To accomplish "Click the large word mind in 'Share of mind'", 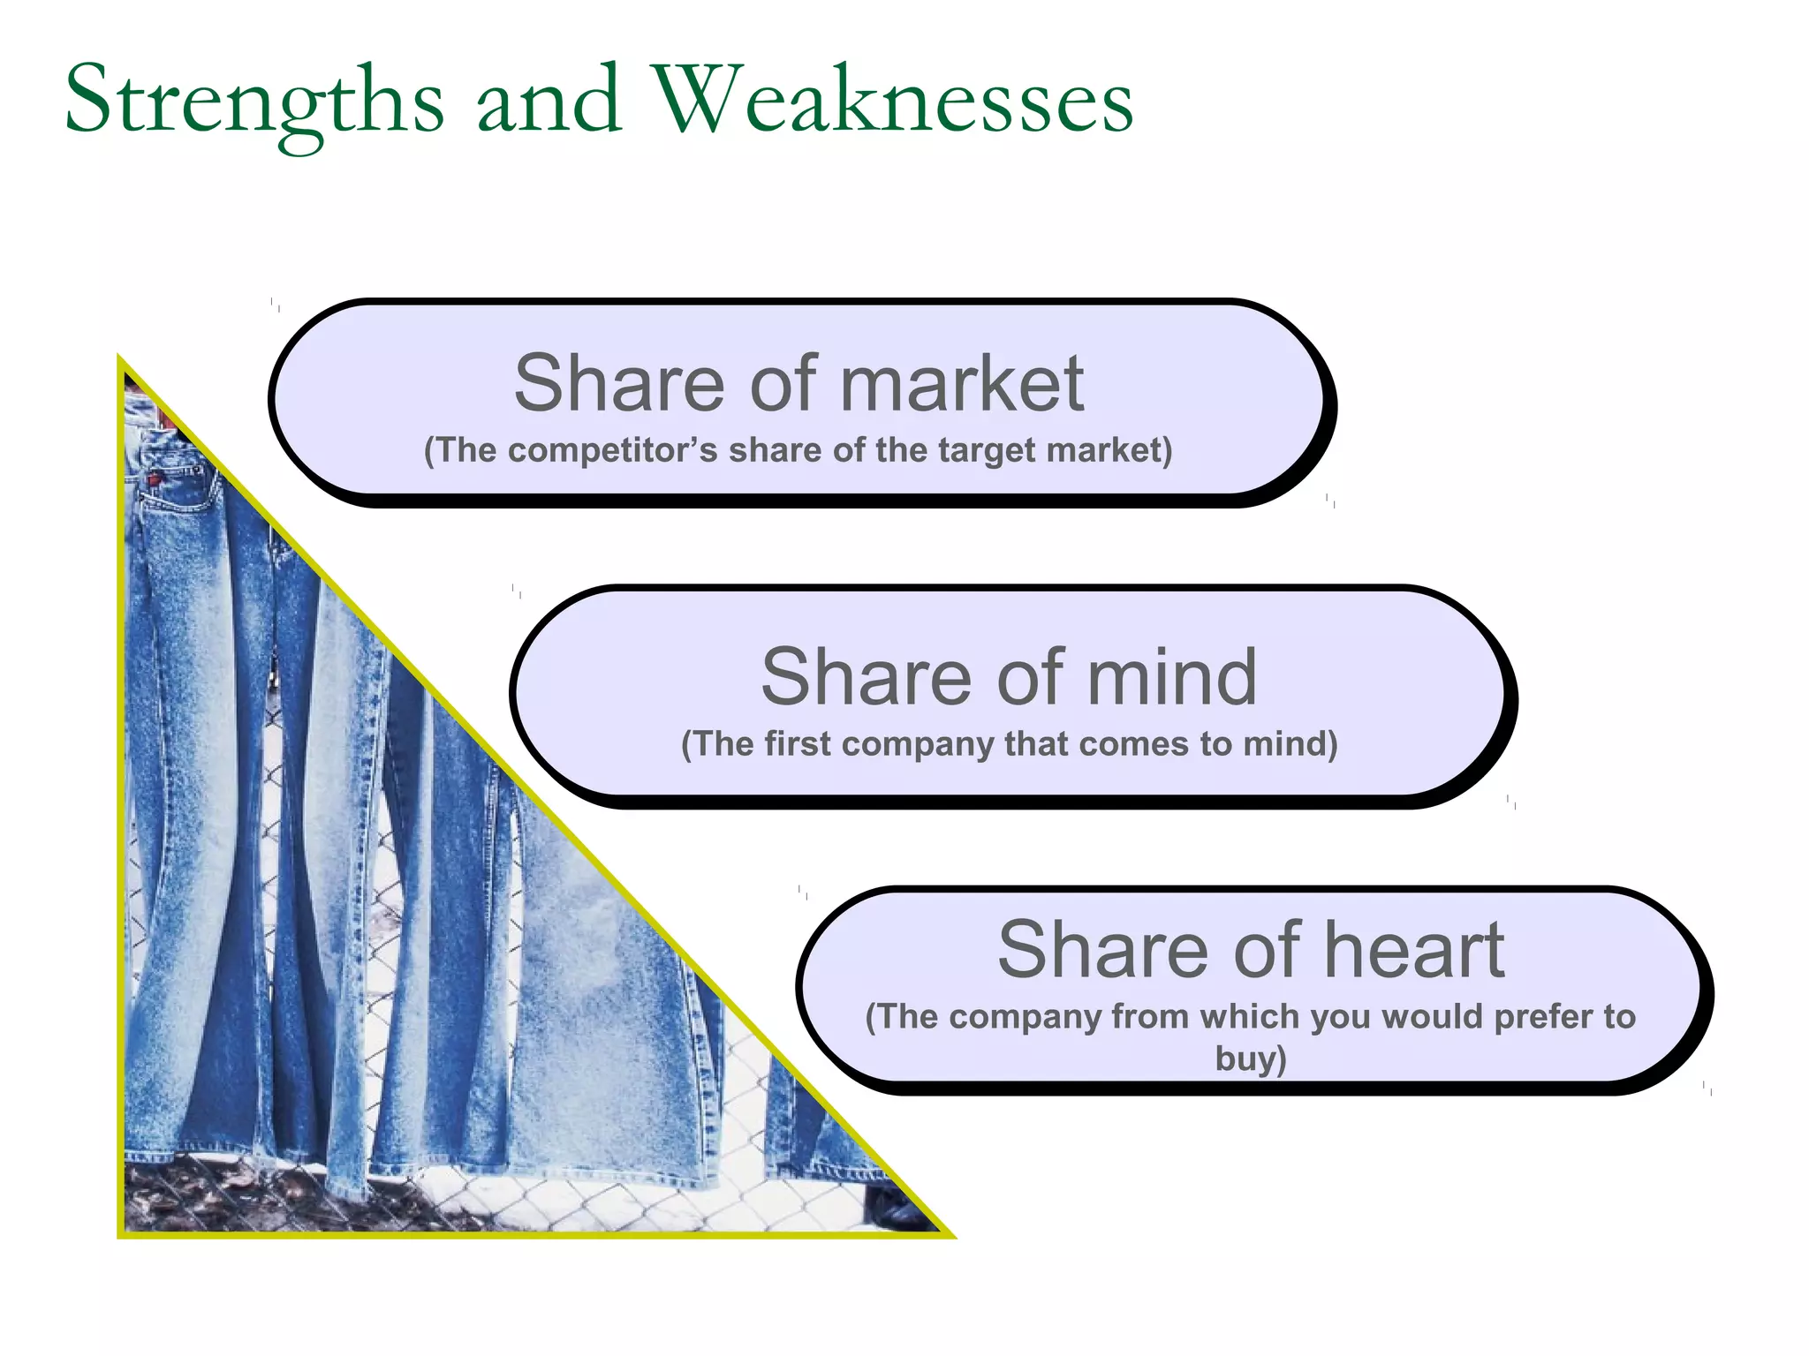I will point(1171,677).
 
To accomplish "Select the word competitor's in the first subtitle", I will point(613,450).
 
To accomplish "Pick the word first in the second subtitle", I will point(798,743).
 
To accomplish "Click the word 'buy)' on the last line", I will point(1251,1058).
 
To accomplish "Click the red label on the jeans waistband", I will point(155,479).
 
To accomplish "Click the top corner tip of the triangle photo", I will point(121,359).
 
